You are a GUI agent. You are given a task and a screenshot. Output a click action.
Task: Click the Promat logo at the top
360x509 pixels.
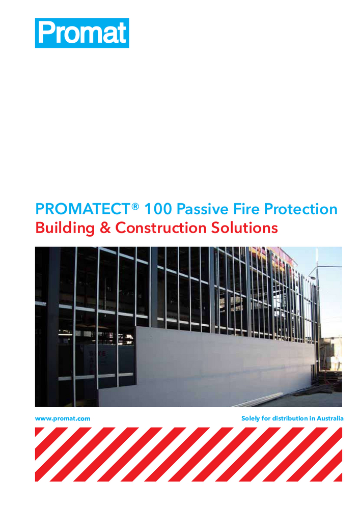pos(82,33)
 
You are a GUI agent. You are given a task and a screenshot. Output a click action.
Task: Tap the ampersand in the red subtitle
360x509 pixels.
pos(105,228)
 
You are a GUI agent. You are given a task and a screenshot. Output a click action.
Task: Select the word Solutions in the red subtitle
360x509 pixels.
pos(245,228)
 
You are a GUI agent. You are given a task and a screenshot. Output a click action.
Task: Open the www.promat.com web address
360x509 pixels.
pos(63,418)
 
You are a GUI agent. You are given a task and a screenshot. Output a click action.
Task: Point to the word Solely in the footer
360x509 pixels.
pos(252,418)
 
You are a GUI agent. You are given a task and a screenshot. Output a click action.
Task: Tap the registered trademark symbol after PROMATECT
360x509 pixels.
pos(135,205)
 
